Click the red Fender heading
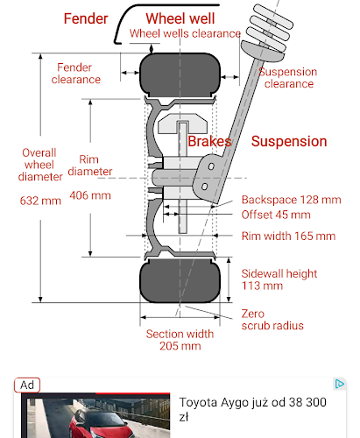86,18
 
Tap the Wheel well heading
180,18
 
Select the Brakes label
209,142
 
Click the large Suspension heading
289,141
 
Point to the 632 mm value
40,201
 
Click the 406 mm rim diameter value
90,195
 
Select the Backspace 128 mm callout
291,200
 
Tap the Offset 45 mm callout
276,215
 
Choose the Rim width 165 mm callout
288,236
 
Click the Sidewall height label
279,274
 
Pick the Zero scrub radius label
272,320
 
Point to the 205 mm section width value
180,346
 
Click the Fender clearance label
76,74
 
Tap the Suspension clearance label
287,78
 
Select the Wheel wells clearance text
185,33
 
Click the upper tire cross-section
180,74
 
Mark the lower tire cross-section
180,281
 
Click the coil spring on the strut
270,29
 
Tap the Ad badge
27,385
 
